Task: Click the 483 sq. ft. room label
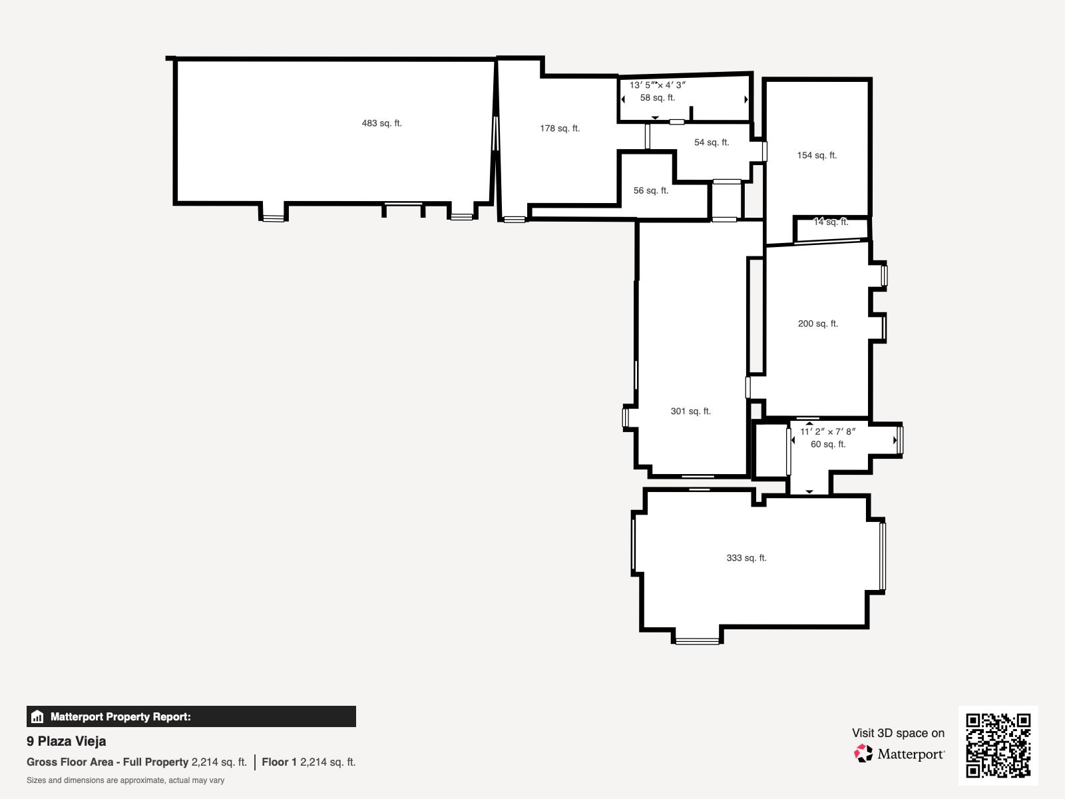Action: click(382, 123)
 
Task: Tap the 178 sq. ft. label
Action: click(560, 129)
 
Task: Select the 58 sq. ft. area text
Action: click(658, 97)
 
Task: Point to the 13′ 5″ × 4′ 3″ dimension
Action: click(658, 85)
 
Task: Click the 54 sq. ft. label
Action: click(712, 142)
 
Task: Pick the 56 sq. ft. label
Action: click(651, 190)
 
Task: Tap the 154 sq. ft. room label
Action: click(817, 155)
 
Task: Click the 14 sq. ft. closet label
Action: click(831, 222)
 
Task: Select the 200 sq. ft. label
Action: click(818, 324)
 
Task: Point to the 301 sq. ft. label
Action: click(691, 411)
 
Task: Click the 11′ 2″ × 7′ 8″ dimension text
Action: click(828, 431)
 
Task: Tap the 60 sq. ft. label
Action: click(828, 444)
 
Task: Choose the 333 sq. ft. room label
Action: click(747, 558)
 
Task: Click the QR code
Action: click(998, 746)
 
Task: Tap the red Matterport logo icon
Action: click(863, 754)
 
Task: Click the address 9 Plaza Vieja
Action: click(67, 741)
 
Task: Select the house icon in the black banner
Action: click(37, 716)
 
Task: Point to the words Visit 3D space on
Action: click(898, 733)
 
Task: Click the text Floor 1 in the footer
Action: click(279, 762)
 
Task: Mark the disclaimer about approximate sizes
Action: click(125, 780)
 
